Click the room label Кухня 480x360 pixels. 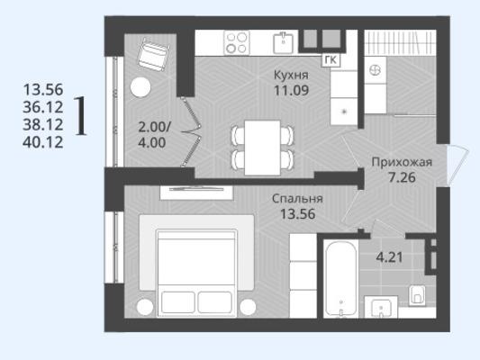(291, 75)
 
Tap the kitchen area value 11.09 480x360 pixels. (291, 90)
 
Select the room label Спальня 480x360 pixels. (297, 199)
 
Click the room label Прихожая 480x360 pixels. (402, 162)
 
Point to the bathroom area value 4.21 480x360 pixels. (389, 257)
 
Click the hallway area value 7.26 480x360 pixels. (402, 177)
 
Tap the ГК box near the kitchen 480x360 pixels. (331, 60)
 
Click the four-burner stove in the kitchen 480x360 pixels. (236, 43)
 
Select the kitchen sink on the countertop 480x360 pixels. (284, 43)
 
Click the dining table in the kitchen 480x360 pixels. (263, 148)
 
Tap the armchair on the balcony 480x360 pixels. (153, 54)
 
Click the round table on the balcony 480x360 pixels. (140, 87)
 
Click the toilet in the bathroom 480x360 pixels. (417, 295)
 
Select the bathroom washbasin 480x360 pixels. (381, 308)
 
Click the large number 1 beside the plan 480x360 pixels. (81, 115)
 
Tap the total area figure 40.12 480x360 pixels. (43, 142)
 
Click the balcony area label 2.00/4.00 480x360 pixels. (152, 135)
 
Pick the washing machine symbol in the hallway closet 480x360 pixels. (375, 71)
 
